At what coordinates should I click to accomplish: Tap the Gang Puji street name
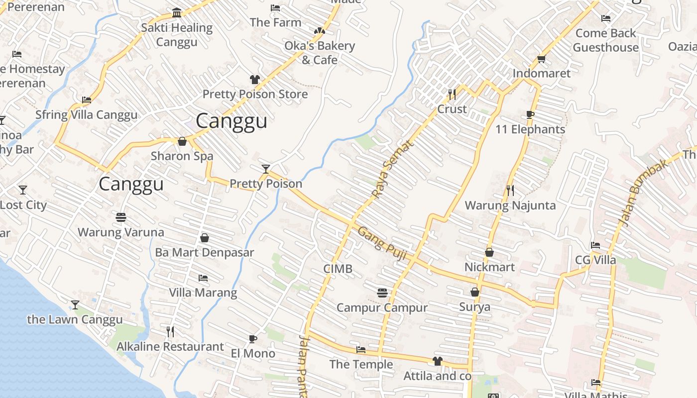point(382,243)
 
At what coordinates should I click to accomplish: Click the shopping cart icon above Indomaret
point(541,59)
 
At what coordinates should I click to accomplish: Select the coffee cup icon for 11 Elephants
point(530,115)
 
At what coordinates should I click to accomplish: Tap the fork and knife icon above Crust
point(452,94)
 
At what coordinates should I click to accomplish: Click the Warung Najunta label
point(510,205)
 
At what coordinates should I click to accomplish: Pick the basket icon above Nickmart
point(489,252)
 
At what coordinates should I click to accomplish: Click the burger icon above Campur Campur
point(382,293)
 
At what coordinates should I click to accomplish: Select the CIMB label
point(338,269)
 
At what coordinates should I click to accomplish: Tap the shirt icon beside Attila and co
point(437,361)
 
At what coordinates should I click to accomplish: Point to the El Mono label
point(253,353)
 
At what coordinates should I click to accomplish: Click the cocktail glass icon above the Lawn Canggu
point(75,304)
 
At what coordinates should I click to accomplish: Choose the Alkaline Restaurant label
point(170,346)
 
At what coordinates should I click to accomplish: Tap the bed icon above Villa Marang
point(203,278)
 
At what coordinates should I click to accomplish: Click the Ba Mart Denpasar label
point(204,252)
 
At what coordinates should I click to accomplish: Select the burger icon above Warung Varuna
point(120,217)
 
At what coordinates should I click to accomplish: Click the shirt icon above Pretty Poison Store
point(254,80)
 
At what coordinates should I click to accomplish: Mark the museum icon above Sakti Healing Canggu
point(176,12)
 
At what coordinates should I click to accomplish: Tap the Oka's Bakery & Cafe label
point(320,53)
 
